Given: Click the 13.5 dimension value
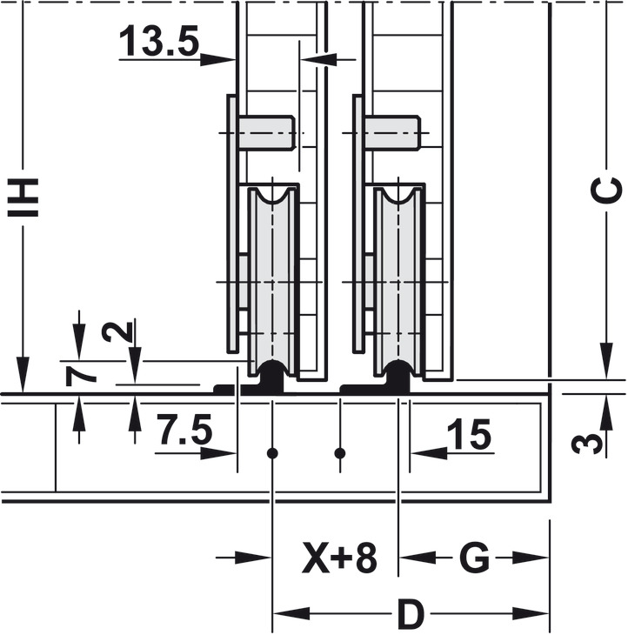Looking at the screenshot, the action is click(159, 41).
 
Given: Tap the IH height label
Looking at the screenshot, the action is click(23, 197).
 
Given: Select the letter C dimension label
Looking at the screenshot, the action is click(606, 190).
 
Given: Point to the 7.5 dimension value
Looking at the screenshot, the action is click(184, 429).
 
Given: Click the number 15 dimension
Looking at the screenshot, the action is click(470, 435).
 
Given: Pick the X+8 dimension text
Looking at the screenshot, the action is click(340, 558).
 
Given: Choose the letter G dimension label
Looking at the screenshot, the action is click(475, 558).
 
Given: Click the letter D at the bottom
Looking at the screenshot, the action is click(411, 613).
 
